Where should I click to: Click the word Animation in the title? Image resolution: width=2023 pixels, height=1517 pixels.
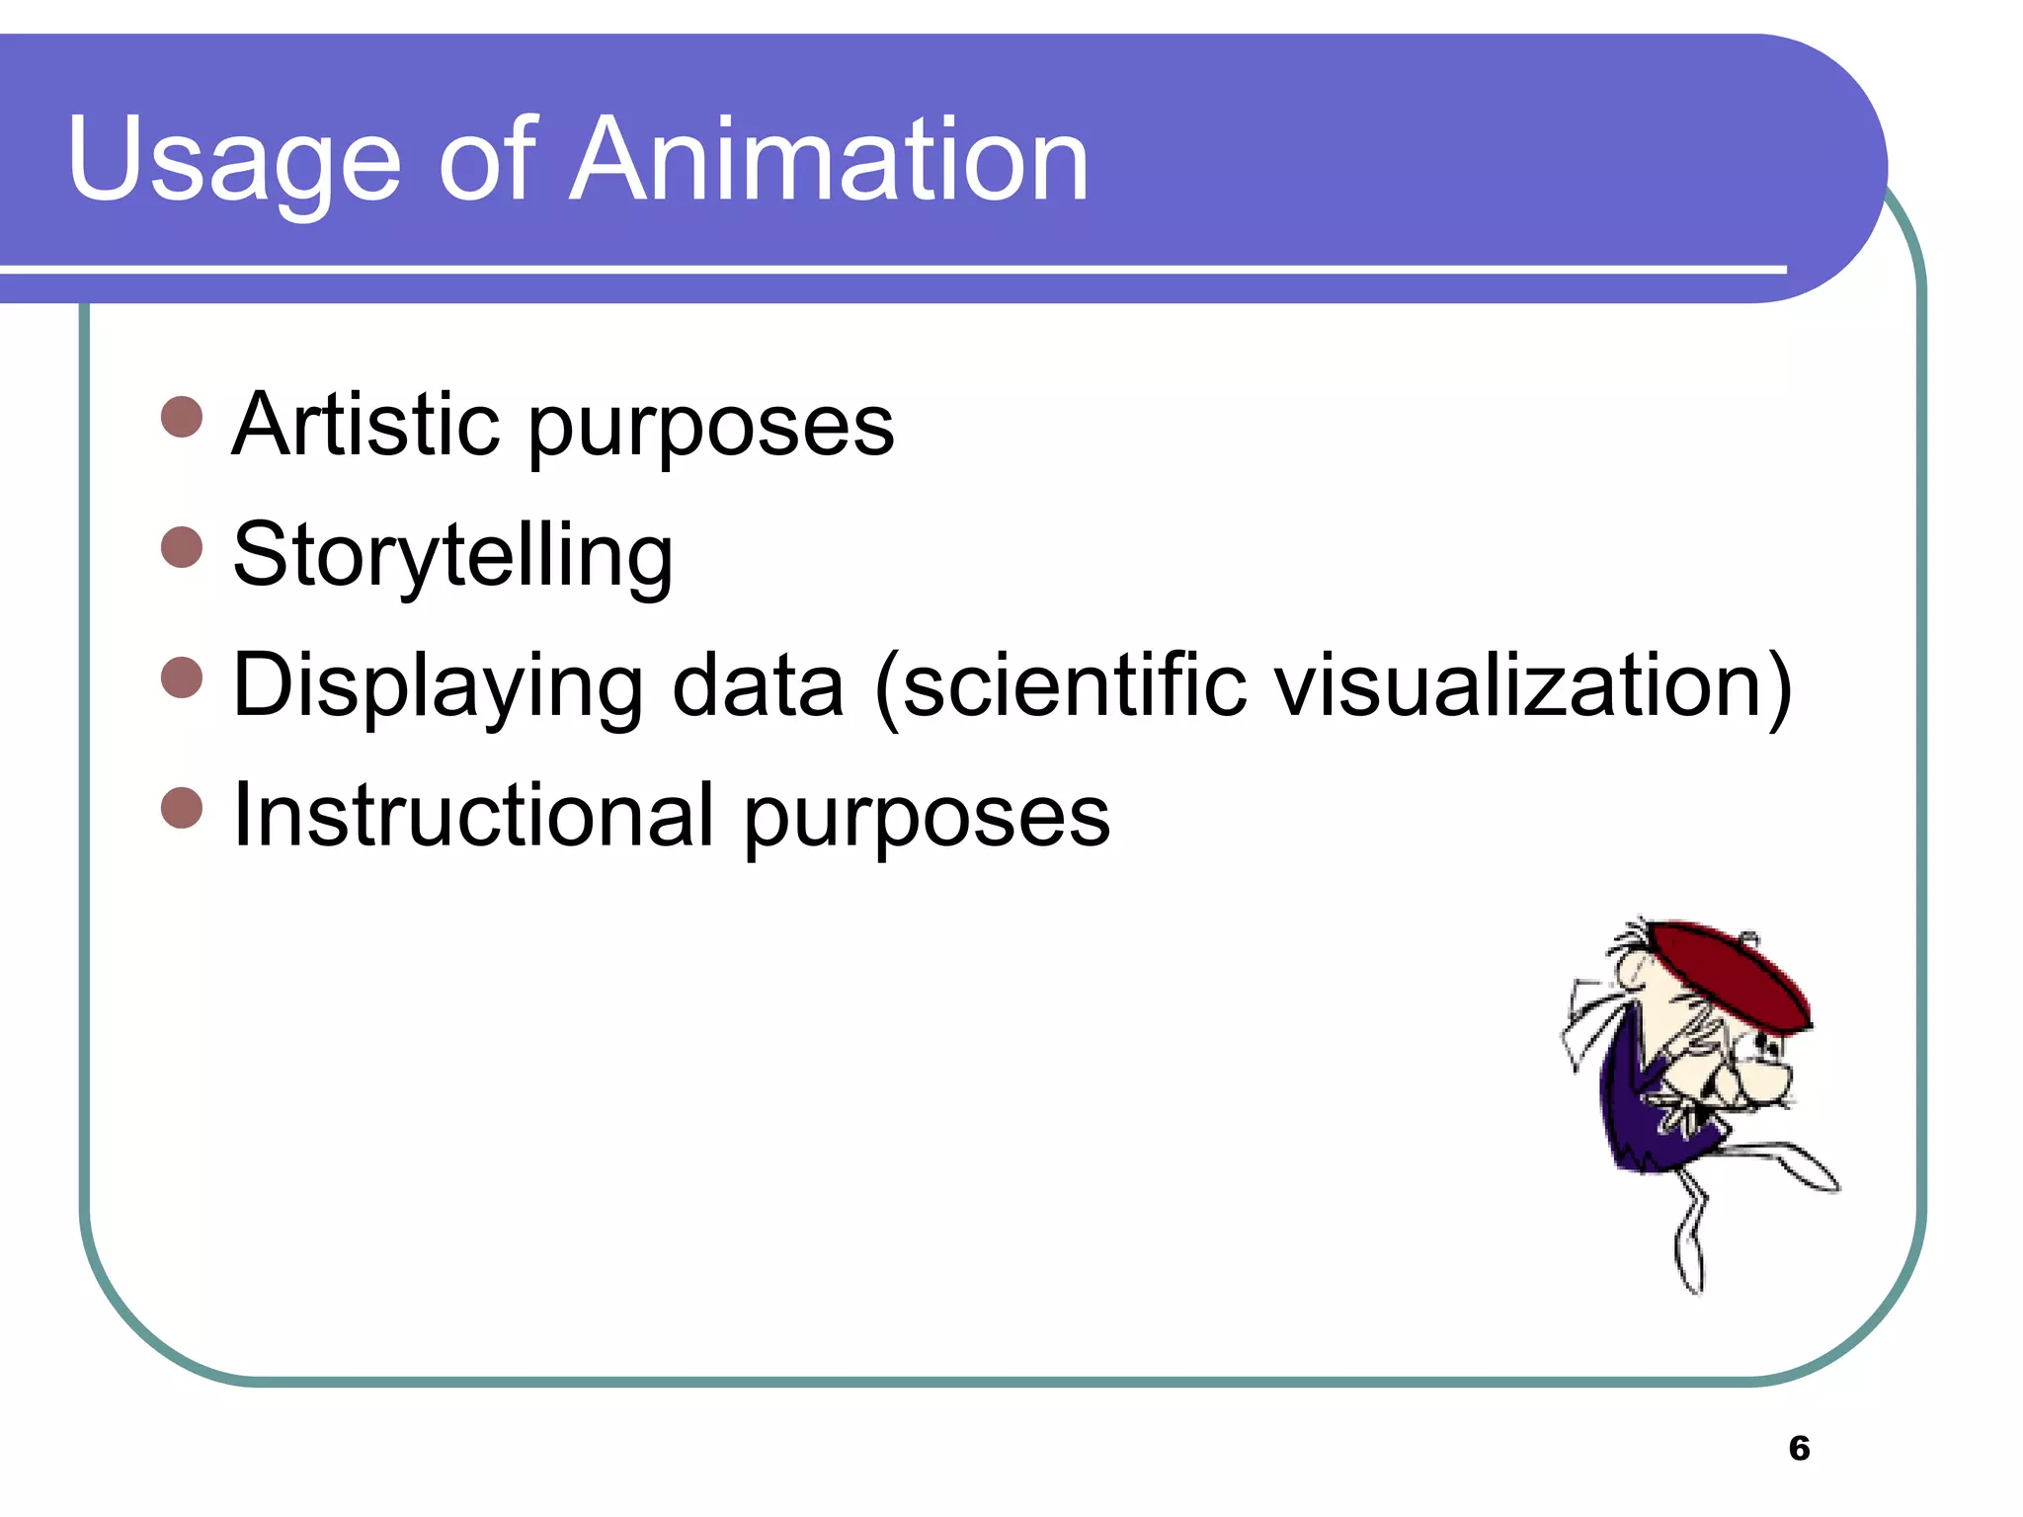click(x=829, y=161)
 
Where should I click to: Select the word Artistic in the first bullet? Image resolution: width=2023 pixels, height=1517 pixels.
click(x=364, y=425)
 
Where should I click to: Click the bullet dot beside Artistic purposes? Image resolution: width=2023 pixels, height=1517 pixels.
click(x=182, y=417)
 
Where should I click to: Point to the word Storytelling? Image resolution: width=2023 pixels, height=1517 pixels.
click(x=452, y=556)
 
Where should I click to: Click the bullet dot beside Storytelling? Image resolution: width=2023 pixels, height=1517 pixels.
click(x=182, y=547)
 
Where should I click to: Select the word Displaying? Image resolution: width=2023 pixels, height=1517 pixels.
click(x=438, y=686)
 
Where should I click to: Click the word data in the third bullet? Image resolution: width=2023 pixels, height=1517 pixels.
click(x=758, y=686)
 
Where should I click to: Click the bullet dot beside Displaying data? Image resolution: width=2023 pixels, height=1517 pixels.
click(x=182, y=678)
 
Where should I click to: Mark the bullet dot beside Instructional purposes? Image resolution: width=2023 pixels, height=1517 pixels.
click(x=182, y=808)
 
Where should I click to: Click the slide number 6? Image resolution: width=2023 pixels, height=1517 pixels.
click(x=1799, y=1448)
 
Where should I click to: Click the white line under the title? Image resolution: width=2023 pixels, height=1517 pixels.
click(x=889, y=269)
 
